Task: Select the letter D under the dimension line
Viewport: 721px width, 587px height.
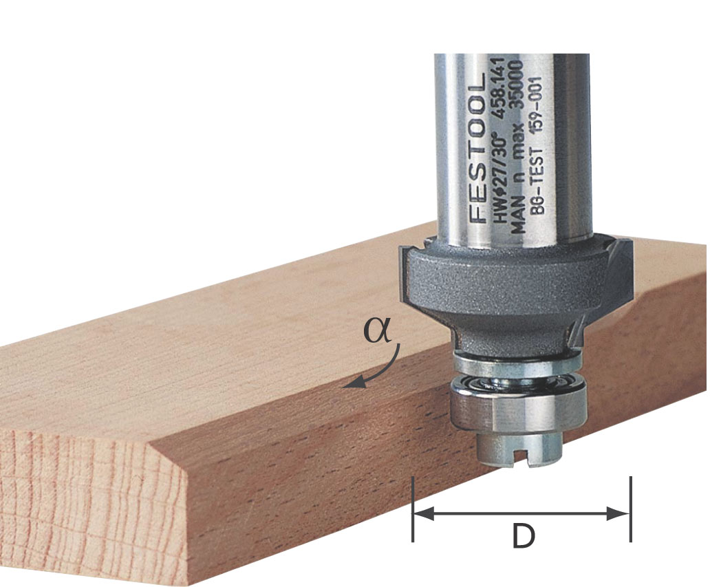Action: tap(524, 537)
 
